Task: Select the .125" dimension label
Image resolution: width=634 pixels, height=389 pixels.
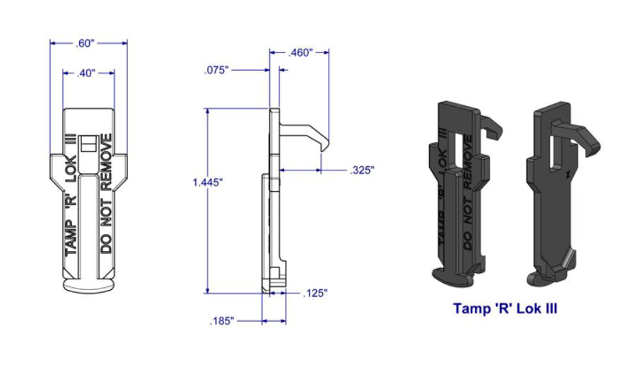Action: click(315, 293)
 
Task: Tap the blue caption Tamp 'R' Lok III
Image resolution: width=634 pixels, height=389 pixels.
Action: click(505, 308)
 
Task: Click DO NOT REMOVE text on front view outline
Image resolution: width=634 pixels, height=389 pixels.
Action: click(106, 192)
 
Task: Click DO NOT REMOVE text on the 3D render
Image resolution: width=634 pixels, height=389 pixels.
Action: click(468, 212)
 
